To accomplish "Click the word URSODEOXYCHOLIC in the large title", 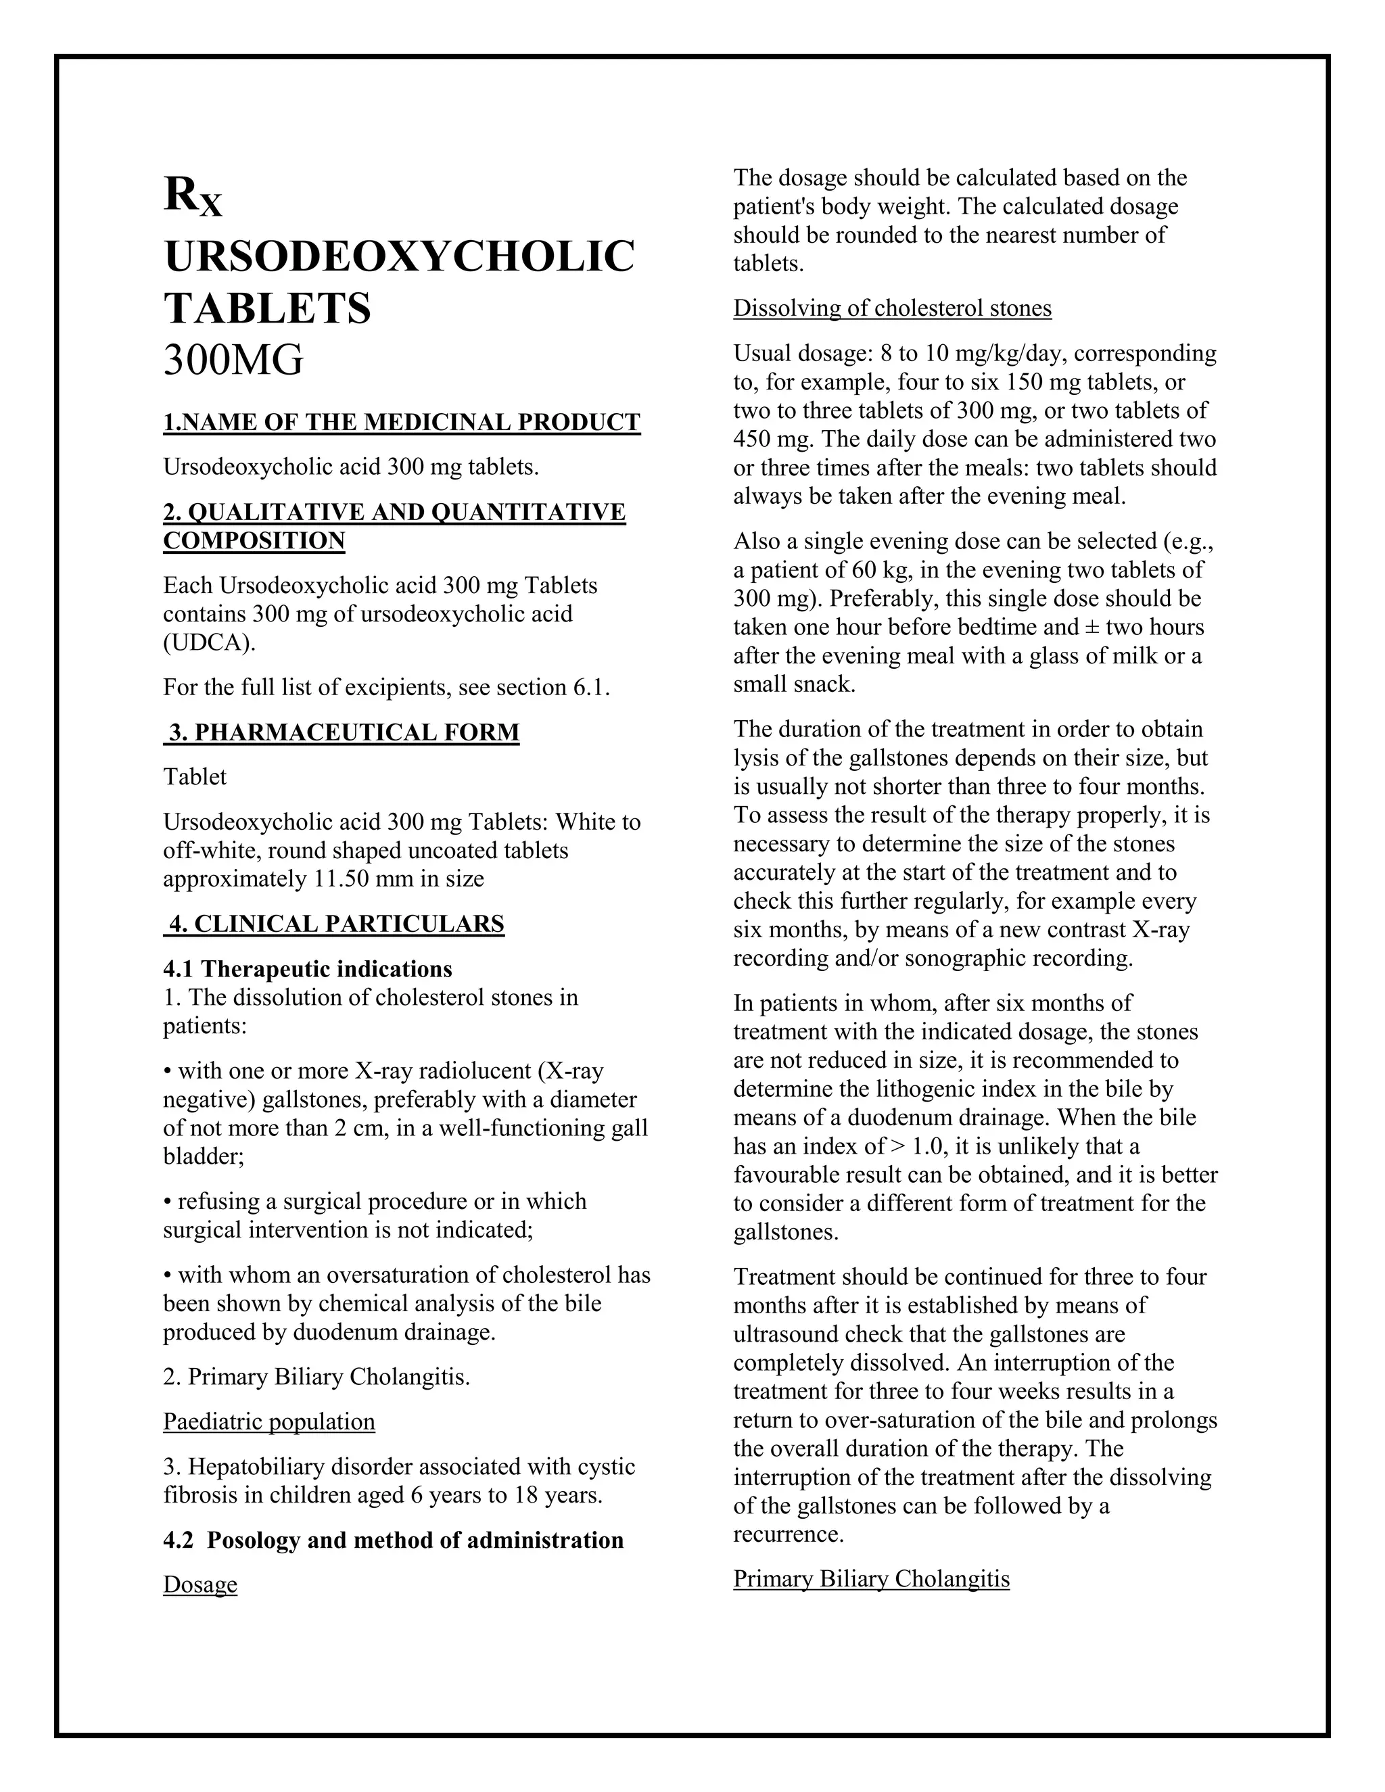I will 399,257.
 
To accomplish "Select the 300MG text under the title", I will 234,360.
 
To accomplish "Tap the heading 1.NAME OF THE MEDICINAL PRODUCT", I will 401,423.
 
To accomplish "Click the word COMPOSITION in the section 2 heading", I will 254,542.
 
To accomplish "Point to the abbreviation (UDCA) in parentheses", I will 209,642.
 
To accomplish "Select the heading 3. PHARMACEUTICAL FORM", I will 343,733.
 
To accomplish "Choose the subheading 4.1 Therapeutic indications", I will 308,970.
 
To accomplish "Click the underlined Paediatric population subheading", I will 269,1422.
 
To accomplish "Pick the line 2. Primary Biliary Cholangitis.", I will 316,1377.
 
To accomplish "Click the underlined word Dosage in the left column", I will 200,1584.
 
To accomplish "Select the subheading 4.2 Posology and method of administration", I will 394,1540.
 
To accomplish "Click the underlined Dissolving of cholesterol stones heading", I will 892,308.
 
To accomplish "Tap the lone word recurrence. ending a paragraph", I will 788,1534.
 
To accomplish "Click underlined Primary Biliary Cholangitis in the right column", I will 871,1579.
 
